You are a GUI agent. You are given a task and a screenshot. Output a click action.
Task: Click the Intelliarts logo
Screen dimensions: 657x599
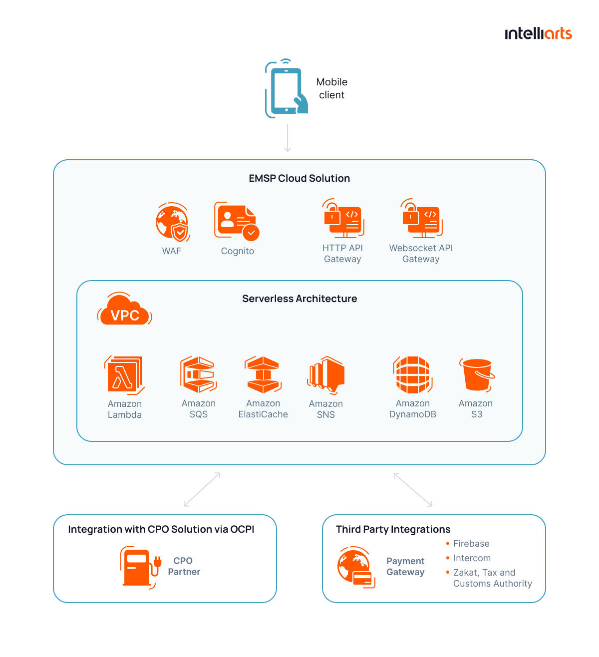point(538,33)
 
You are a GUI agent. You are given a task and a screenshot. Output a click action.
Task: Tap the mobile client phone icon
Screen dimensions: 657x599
point(286,90)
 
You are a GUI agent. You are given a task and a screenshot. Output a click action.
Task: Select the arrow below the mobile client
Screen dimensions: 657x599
point(288,137)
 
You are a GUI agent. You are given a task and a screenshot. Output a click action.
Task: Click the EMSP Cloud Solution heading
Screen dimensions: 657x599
point(299,178)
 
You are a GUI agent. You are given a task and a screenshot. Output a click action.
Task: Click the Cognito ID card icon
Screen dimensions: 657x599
point(236,221)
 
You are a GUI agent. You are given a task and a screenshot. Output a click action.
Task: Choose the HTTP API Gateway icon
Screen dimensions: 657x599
point(343,219)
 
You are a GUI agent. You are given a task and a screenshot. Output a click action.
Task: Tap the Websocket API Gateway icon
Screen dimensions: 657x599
point(422,219)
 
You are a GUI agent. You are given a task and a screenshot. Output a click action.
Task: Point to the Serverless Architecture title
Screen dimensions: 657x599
point(299,299)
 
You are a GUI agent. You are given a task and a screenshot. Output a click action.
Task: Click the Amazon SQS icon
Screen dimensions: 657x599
point(199,374)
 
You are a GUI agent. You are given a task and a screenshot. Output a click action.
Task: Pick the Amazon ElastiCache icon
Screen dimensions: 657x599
point(263,374)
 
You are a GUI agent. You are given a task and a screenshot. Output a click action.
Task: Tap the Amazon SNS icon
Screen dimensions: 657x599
point(326,375)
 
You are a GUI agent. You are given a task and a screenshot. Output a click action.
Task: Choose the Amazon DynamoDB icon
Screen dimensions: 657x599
point(412,375)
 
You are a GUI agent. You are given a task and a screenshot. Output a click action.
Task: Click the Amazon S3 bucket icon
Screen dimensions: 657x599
point(477,374)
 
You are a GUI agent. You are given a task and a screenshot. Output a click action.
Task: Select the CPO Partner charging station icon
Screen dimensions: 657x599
point(140,568)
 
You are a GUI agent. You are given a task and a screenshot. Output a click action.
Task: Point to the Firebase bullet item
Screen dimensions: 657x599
point(471,544)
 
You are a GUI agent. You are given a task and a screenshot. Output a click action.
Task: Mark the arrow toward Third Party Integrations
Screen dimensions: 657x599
point(413,490)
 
